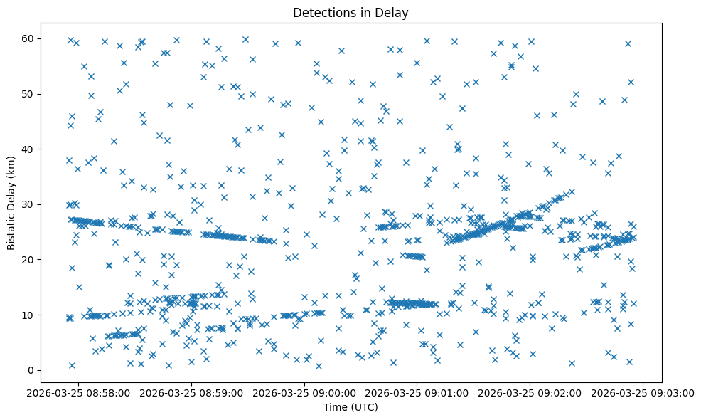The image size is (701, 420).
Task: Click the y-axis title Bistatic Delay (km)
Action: tap(12, 204)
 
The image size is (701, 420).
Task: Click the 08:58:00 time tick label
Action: tap(79, 392)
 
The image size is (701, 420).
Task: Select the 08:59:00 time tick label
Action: tap(192, 392)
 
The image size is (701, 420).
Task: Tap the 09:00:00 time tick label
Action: tap(304, 392)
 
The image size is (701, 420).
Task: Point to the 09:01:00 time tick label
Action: tap(417, 392)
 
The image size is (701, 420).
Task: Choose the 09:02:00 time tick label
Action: tap(530, 392)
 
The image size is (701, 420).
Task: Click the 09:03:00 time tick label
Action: tap(643, 392)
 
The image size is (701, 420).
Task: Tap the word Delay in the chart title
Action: tap(394, 12)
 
